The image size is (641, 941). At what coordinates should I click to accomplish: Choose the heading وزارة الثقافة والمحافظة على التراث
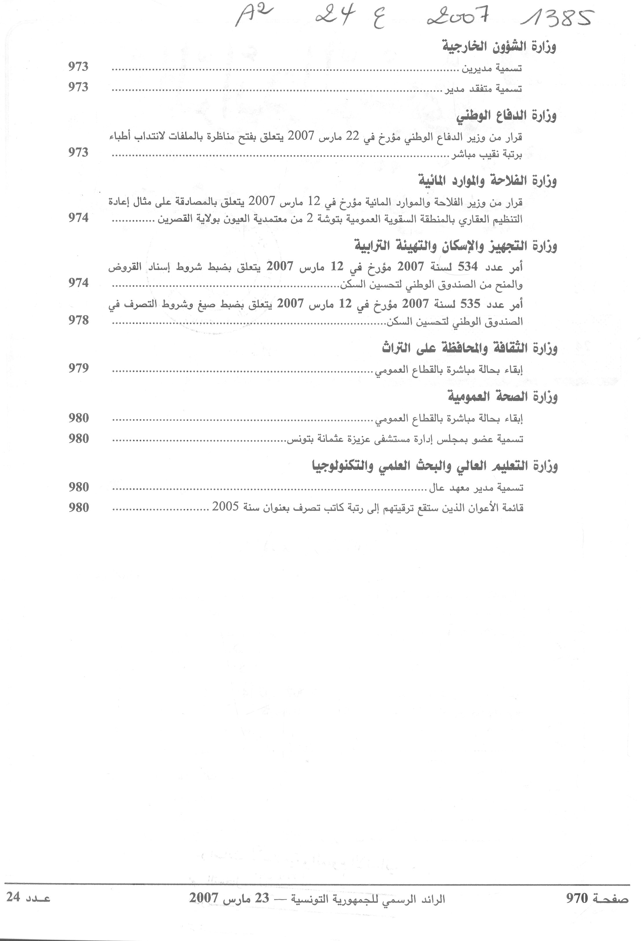click(x=470, y=348)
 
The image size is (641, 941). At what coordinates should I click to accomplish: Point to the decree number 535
click(x=469, y=304)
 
